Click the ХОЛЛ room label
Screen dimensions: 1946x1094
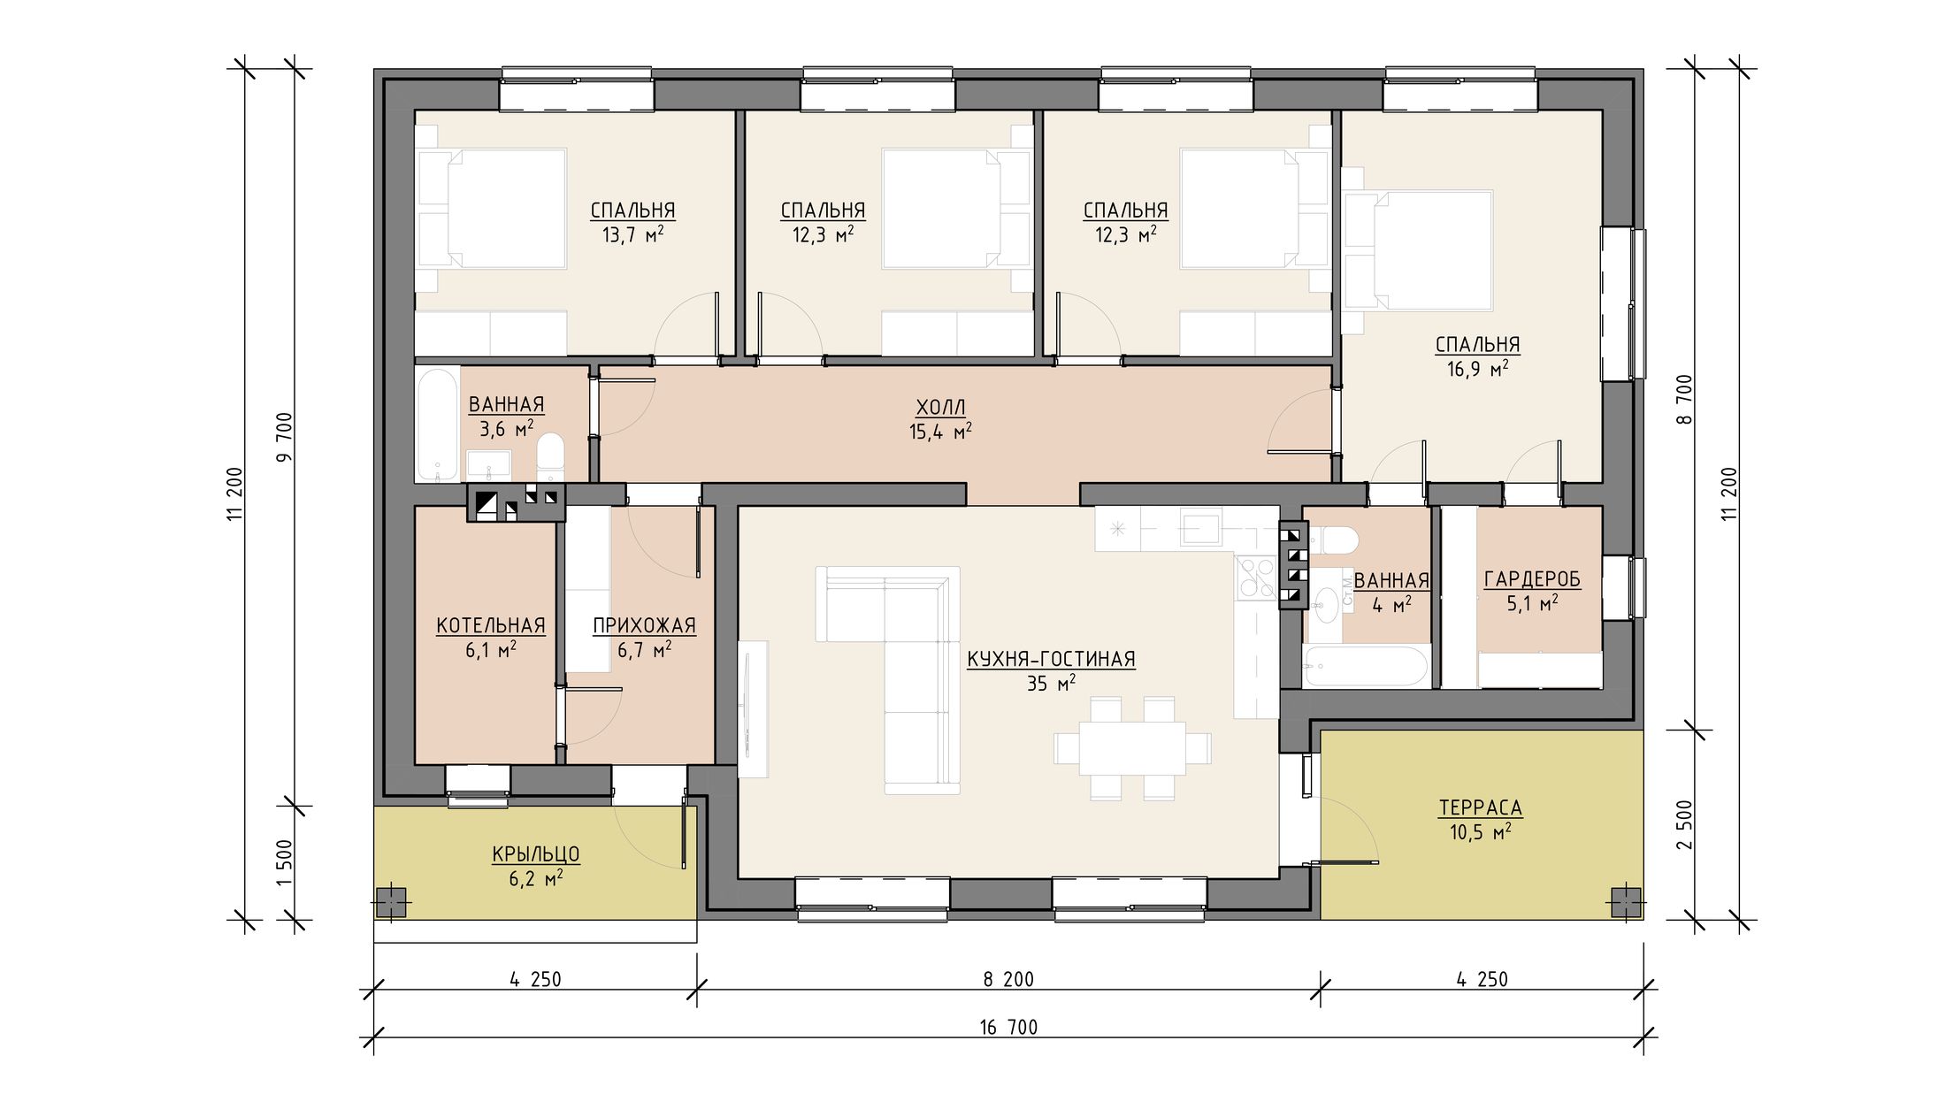point(940,408)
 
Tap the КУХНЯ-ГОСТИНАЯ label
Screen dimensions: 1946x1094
point(1051,659)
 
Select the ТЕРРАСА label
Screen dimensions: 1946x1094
point(1481,807)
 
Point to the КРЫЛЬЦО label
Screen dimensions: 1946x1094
point(536,854)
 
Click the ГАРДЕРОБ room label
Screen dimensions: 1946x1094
point(1532,579)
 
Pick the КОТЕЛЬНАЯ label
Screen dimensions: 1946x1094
point(491,626)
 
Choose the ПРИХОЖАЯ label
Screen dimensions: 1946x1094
point(644,626)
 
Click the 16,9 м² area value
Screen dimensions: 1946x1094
point(1477,368)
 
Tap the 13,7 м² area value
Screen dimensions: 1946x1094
point(632,234)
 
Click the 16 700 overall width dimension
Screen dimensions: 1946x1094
point(1008,1027)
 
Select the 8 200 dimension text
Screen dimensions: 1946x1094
point(1008,979)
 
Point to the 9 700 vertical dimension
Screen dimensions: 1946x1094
point(284,438)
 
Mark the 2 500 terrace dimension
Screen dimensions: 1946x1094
point(1684,825)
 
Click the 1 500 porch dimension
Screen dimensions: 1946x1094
point(284,863)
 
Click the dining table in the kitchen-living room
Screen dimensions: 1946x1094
point(1132,748)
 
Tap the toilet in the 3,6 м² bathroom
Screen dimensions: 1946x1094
point(550,456)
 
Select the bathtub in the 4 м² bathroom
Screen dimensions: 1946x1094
point(1366,666)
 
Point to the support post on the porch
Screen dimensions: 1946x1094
point(390,903)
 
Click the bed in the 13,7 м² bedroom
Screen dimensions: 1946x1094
point(492,209)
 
